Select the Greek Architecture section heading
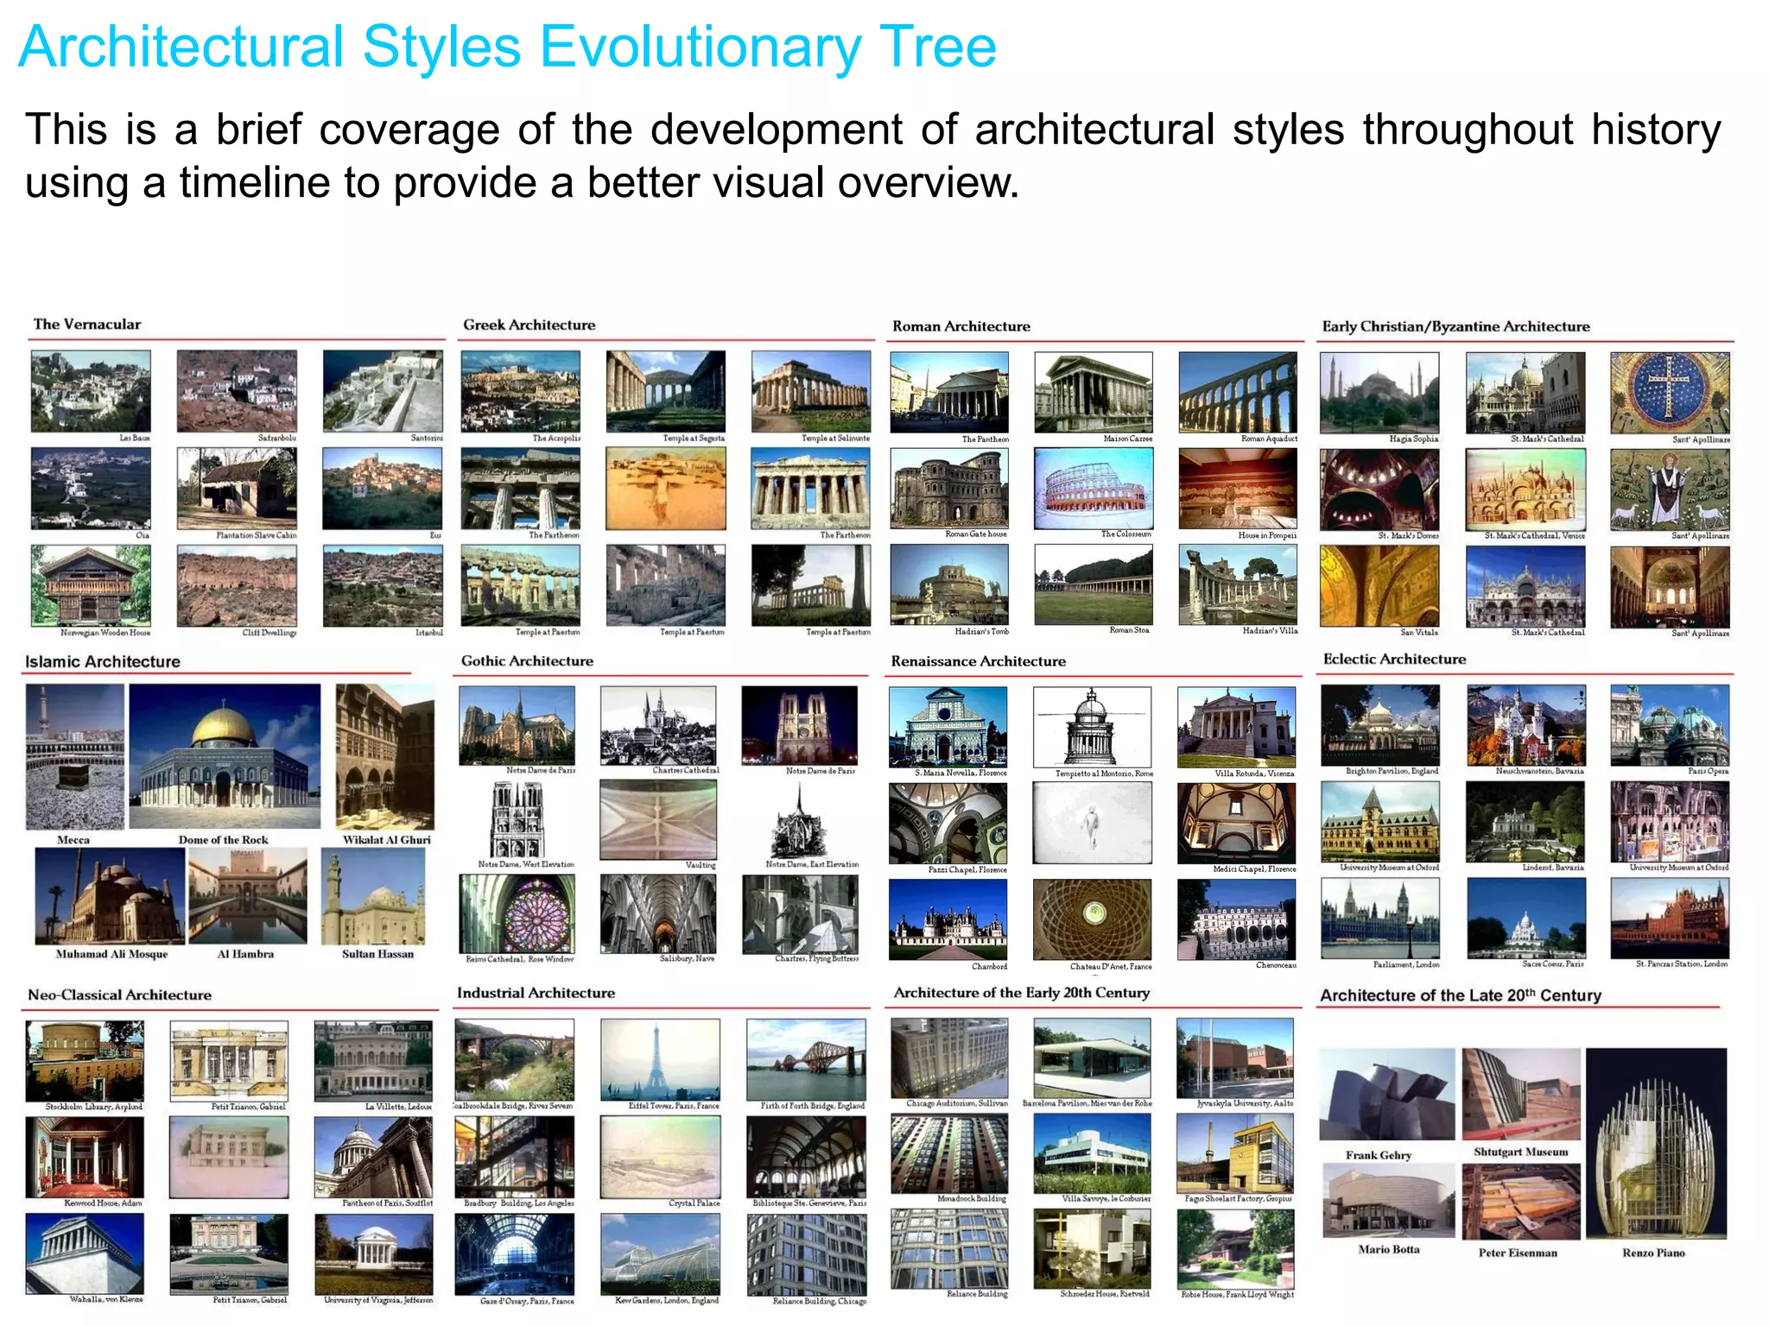529,325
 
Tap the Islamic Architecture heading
103,661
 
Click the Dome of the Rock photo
225,757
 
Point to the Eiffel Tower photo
659,1059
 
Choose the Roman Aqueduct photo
1237,392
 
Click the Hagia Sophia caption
1413,439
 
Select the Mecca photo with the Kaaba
74,757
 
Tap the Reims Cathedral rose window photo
517,914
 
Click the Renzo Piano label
1653,1253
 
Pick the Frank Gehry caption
1379,1155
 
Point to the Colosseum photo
1093,489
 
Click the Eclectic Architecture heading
1394,659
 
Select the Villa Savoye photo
1092,1153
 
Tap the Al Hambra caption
245,954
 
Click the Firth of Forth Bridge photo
805,1059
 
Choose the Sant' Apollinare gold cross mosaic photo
1670,393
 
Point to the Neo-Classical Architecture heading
119,994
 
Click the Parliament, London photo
1379,918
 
